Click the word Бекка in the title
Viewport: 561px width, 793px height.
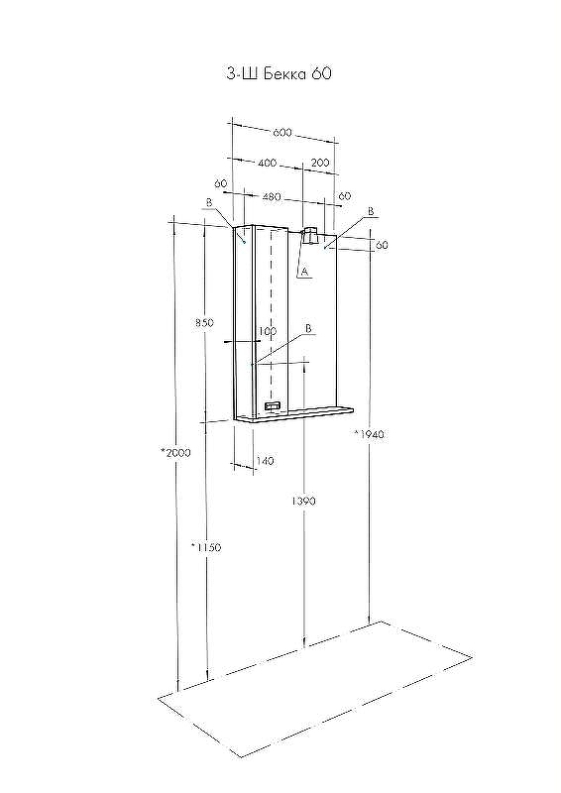tap(284, 73)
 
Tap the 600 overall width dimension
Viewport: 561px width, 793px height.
tap(282, 133)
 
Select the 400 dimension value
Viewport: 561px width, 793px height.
tap(267, 163)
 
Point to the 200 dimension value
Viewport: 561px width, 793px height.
tap(320, 163)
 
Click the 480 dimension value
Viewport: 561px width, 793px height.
tap(272, 196)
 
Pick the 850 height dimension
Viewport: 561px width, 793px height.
tap(205, 322)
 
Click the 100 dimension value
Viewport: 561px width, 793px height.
tap(267, 331)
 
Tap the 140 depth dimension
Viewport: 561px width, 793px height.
tap(265, 461)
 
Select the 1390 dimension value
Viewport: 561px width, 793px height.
tap(303, 501)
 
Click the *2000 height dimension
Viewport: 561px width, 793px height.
tap(175, 453)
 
